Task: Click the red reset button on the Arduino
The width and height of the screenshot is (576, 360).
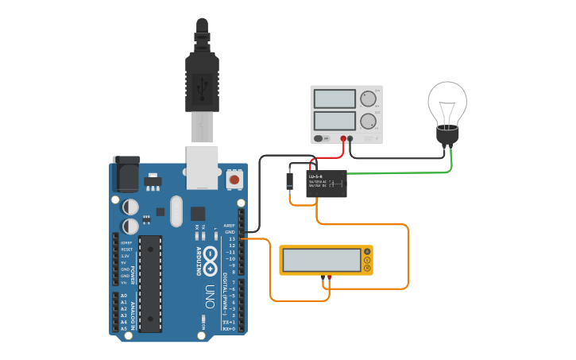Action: [x=234, y=180]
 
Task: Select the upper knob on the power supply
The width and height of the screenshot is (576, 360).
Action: [x=367, y=99]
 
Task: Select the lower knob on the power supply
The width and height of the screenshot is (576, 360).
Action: [x=367, y=122]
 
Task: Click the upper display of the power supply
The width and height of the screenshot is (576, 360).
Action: [x=334, y=99]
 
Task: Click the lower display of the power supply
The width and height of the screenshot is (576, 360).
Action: [x=334, y=122]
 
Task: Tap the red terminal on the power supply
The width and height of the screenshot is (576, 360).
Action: [x=344, y=138]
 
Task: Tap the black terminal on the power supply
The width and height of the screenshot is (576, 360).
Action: [x=351, y=138]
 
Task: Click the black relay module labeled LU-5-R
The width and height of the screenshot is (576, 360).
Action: [x=327, y=184]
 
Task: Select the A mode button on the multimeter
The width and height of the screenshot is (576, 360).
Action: [x=367, y=252]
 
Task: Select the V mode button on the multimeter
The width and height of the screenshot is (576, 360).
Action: [x=367, y=260]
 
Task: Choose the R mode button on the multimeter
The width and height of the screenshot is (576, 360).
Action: [x=367, y=269]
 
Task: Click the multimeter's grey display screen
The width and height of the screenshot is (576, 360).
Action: [x=322, y=260]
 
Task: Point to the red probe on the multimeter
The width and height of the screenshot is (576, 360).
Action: [x=330, y=277]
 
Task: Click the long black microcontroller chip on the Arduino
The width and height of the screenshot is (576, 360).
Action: [x=150, y=284]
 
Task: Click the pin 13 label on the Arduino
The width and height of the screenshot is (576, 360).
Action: [x=231, y=238]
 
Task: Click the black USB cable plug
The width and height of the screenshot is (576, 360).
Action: [x=201, y=79]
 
